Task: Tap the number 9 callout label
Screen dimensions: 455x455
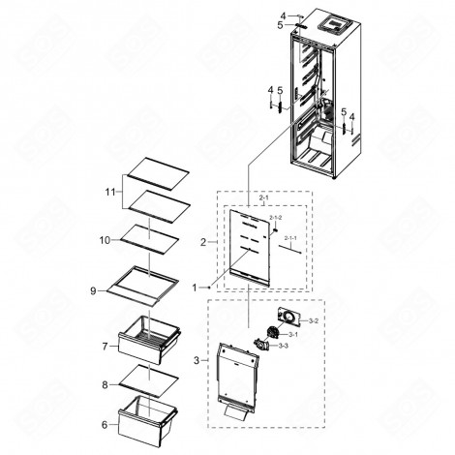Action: pos(95,289)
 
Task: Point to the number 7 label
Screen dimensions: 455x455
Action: pos(104,345)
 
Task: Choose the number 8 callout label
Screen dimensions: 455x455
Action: pos(106,384)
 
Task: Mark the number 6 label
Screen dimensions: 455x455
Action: pos(104,423)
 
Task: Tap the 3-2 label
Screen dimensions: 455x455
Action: pos(313,318)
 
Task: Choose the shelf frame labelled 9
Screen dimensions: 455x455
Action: pos(143,283)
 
